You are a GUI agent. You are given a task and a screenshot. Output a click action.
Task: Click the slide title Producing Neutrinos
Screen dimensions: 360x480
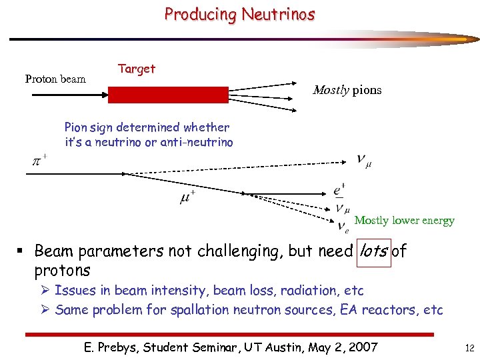(239, 14)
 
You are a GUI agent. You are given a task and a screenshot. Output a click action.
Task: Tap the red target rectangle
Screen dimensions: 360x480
(168, 95)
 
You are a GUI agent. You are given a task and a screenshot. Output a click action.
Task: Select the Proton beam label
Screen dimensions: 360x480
(55, 79)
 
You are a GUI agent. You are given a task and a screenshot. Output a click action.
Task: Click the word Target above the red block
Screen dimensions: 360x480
(137, 69)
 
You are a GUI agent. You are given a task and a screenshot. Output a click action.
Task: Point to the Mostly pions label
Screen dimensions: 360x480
(347, 90)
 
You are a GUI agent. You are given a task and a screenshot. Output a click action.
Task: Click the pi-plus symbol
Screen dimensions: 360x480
(39, 161)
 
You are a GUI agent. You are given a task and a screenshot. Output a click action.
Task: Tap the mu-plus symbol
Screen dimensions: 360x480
(187, 197)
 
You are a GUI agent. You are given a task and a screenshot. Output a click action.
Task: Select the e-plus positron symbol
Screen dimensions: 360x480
(339, 190)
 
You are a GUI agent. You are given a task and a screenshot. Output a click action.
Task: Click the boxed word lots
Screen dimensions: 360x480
(373, 251)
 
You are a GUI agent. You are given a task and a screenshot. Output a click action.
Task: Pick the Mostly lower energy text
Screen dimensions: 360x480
(405, 221)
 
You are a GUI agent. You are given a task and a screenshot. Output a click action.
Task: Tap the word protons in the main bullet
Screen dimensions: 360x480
(62, 270)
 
